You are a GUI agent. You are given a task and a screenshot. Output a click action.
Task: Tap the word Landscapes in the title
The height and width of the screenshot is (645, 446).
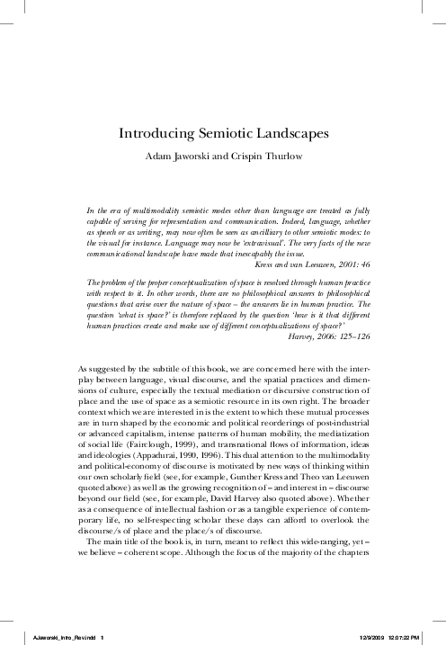[x=291, y=133]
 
